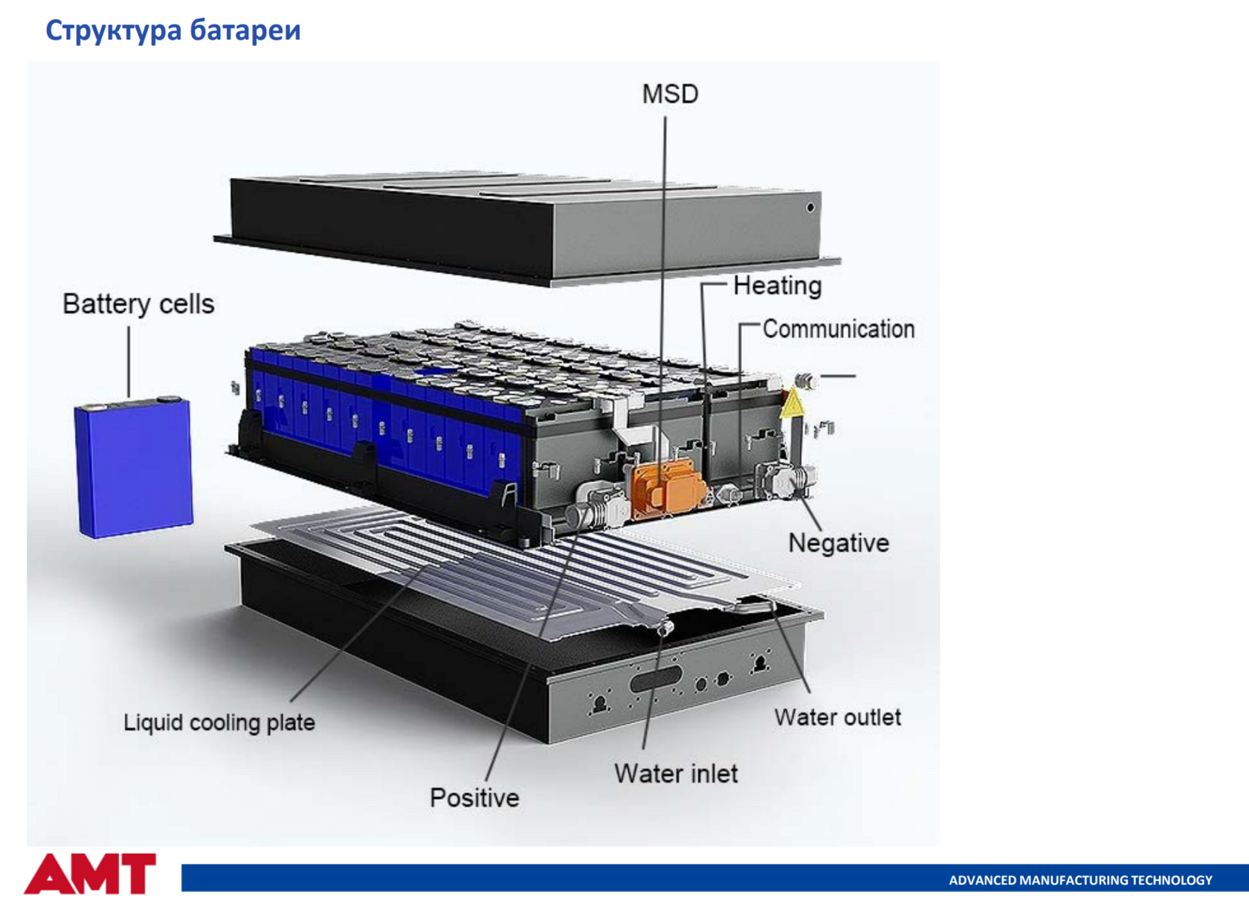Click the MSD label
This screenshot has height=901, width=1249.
pos(670,94)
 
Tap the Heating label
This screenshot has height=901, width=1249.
pos(778,286)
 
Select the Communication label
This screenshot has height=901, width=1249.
pos(839,329)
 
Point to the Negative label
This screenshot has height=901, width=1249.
pos(839,543)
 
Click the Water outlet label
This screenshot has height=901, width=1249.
pos(837,717)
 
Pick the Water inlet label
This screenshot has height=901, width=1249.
pos(676,774)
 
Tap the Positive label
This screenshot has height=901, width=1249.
pos(474,798)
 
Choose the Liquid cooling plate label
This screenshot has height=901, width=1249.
pos(219,723)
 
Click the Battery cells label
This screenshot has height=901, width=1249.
pos(138,304)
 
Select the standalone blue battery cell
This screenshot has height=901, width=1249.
pos(134,466)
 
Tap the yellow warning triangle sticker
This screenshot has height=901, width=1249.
pos(793,403)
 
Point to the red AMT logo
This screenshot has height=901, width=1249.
pos(90,873)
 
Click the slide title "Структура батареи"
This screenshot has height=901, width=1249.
pos(172,30)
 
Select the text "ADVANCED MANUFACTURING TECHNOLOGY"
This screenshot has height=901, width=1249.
pos(1081,880)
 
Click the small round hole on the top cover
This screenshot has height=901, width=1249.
pos(810,208)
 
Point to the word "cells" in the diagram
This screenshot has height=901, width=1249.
pos(187,304)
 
